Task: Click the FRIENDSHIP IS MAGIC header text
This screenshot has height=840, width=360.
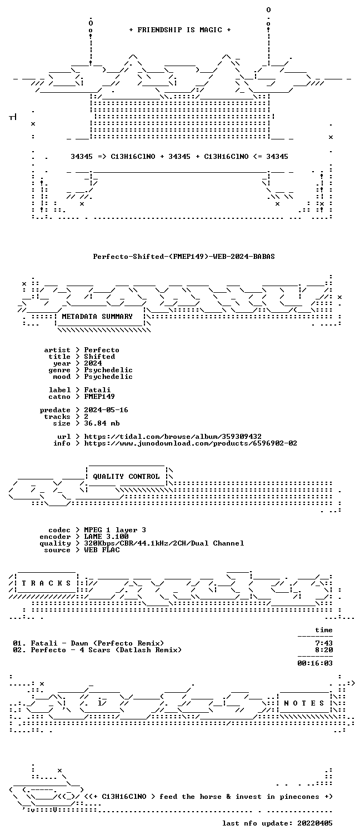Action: (x=179, y=30)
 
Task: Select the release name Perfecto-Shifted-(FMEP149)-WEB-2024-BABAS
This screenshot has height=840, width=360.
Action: (x=184, y=257)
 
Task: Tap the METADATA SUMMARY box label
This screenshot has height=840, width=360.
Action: (x=97, y=317)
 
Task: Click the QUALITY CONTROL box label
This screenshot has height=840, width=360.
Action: (x=126, y=477)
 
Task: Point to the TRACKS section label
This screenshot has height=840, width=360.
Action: (x=46, y=583)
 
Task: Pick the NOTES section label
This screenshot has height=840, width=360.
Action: (x=304, y=703)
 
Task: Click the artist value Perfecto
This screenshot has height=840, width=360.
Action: (x=102, y=350)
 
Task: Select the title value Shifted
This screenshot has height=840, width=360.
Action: (x=99, y=357)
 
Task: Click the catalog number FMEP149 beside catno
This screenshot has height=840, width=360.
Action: (x=99, y=397)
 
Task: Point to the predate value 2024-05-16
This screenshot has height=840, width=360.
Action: (x=106, y=410)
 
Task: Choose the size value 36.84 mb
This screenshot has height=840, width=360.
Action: (x=102, y=423)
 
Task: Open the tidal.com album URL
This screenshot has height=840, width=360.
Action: (x=173, y=437)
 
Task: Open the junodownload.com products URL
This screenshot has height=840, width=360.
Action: (x=191, y=443)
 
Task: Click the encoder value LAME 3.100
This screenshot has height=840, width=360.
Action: (x=106, y=537)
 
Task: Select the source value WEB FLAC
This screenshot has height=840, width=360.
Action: (x=102, y=550)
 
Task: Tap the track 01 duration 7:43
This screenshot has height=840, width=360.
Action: (x=324, y=643)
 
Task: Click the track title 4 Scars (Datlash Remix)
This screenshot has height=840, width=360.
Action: (x=131, y=650)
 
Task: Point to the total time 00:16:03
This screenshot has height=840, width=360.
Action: (x=315, y=663)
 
